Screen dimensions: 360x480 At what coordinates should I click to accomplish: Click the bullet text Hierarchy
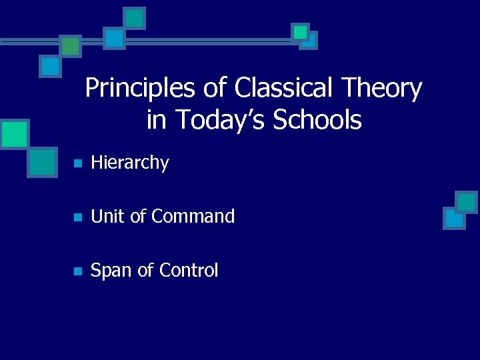tap(130, 163)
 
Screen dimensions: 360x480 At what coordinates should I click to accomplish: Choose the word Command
tap(193, 217)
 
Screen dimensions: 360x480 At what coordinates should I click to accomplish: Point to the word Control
tap(187, 271)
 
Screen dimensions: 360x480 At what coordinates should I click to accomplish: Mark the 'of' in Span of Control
tap(145, 271)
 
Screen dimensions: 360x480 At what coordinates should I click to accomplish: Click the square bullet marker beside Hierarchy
tap(77, 163)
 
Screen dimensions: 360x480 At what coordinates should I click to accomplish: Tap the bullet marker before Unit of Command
tap(77, 217)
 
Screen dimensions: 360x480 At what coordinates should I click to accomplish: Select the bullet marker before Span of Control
tap(77, 271)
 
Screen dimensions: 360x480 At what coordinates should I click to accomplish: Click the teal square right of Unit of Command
tap(467, 201)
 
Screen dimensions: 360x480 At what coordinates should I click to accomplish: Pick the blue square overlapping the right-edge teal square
tap(454, 218)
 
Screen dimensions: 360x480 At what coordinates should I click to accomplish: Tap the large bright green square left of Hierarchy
tap(14, 134)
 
